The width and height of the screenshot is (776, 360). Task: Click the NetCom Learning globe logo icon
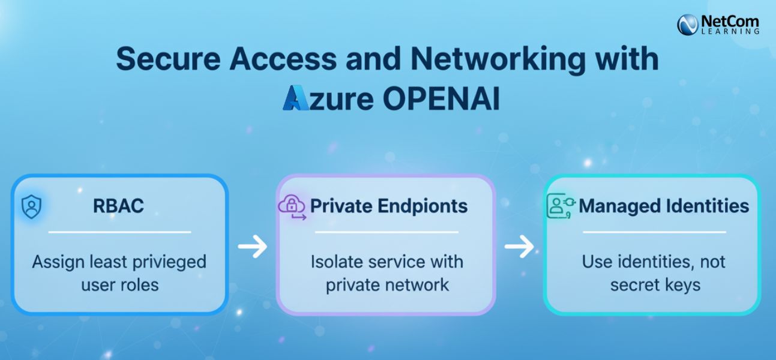coord(688,24)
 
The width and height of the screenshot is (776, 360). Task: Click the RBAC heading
coord(118,206)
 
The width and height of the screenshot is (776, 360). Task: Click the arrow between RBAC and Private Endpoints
coord(252,247)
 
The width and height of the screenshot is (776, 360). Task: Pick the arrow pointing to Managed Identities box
coord(519,246)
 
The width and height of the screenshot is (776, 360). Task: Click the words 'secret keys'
coord(655,284)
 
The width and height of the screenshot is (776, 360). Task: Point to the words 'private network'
coord(387,284)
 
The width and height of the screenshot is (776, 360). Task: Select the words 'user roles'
coord(120,284)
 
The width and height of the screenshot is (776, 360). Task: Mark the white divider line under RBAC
coord(119,232)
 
